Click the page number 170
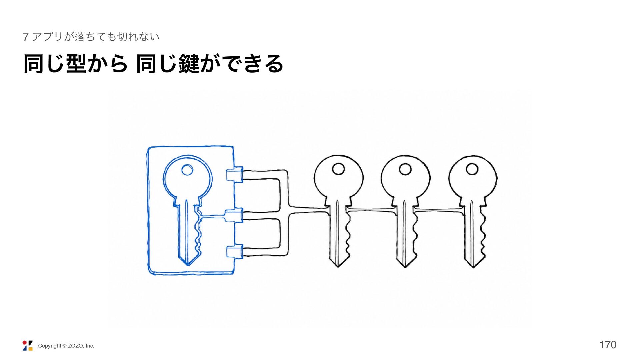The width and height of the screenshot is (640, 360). tap(608, 345)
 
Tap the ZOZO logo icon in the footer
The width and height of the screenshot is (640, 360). tap(28, 346)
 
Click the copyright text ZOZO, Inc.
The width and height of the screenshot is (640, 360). tap(81, 346)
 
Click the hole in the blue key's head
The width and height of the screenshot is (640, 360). tap(187, 170)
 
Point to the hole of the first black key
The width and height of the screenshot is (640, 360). tap(338, 169)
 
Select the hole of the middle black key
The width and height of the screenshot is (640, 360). tap(405, 169)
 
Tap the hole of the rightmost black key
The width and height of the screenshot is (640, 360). tap(472, 169)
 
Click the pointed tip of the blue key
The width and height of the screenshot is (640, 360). tap(188, 265)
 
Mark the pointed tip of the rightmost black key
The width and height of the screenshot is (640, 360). tap(473, 267)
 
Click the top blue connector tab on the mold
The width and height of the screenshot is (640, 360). tap(235, 175)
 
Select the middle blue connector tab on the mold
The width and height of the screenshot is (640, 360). tap(235, 216)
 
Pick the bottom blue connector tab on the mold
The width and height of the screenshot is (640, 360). tap(235, 252)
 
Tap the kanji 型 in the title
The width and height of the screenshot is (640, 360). tap(77, 64)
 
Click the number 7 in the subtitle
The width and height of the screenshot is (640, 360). tap(26, 37)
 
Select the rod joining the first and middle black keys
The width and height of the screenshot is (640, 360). tap(371, 210)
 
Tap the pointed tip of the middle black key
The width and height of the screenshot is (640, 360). tap(405, 267)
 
